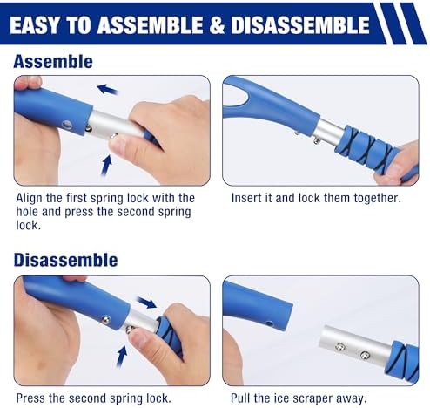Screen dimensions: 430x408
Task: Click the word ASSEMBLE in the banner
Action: [x=150, y=25]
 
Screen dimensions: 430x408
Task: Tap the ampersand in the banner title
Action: [x=217, y=25]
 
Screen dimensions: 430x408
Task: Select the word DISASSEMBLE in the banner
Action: [x=300, y=24]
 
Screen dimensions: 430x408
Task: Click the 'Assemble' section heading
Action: [x=53, y=62]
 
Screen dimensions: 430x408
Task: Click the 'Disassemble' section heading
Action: [x=65, y=260]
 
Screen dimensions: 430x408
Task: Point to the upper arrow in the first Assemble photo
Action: [x=107, y=89]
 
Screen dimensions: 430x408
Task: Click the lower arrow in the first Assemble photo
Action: [x=106, y=165]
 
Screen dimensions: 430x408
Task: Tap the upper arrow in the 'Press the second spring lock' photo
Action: [x=146, y=303]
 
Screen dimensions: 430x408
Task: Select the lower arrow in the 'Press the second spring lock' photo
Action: [x=122, y=357]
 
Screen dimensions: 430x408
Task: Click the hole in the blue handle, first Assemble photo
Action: [x=68, y=125]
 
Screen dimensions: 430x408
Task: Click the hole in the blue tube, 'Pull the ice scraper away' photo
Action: [x=270, y=323]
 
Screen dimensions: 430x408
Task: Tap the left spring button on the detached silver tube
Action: [x=340, y=347]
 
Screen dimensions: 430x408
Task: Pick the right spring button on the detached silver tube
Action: [x=365, y=355]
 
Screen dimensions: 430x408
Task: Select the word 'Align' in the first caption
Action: [x=30, y=198]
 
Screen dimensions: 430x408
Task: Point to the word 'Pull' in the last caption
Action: [x=240, y=398]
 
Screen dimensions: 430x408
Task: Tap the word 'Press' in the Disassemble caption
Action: [x=30, y=398]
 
